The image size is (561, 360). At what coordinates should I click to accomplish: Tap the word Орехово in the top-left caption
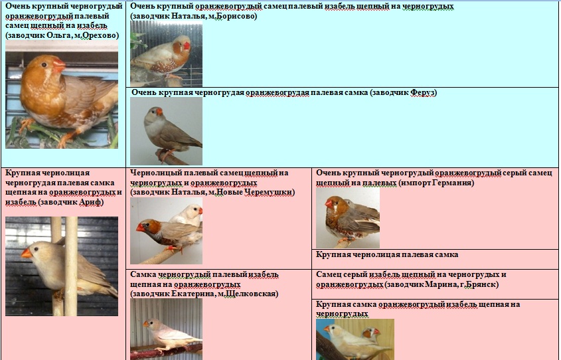click(x=100, y=35)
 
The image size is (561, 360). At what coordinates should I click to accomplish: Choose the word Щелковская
click(x=252, y=294)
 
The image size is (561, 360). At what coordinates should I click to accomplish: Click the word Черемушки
click(x=270, y=193)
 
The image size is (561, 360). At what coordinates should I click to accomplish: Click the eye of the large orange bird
click(x=44, y=65)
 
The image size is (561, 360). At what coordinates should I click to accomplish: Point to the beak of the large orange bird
click(x=59, y=66)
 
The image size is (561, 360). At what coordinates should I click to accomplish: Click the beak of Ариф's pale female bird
click(x=26, y=254)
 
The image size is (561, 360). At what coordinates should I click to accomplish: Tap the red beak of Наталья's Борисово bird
click(x=187, y=46)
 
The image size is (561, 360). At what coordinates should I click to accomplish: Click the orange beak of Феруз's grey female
click(x=159, y=112)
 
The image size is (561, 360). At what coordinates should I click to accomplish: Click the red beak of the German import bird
click(x=329, y=204)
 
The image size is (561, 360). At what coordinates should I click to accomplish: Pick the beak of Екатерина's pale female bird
click(x=145, y=324)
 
